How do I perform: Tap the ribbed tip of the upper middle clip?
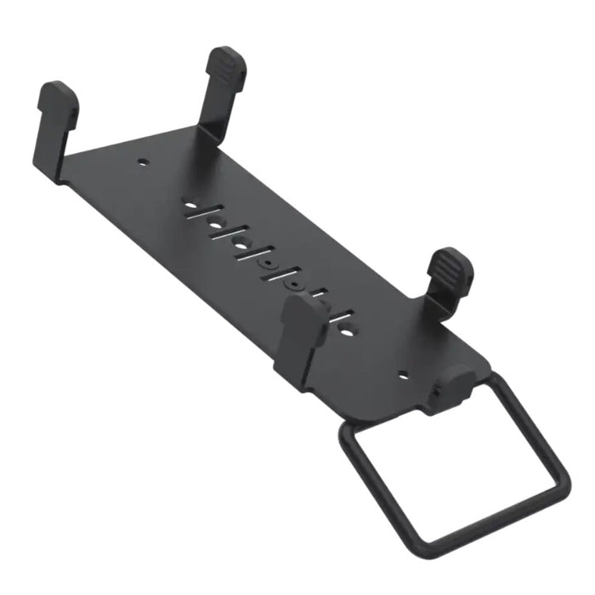226,64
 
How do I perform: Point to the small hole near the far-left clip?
144,160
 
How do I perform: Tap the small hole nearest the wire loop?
403,372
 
